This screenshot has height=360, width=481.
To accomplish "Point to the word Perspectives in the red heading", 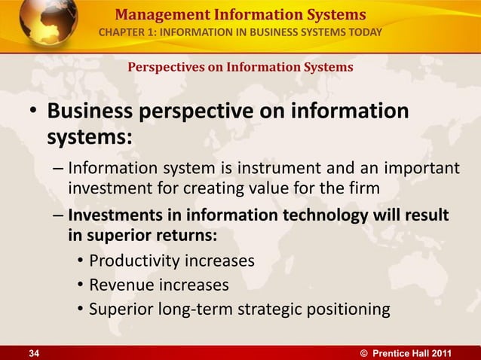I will (x=163, y=67).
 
